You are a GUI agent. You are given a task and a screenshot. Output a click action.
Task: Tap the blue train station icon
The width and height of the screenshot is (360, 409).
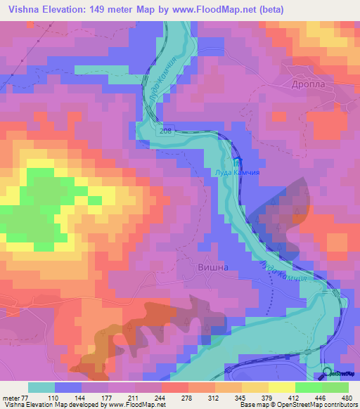click(235, 162)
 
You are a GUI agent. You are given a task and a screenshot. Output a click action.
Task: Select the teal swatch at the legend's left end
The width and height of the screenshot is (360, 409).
click(41, 387)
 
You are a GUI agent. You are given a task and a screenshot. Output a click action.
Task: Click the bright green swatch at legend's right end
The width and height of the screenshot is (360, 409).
click(335, 387)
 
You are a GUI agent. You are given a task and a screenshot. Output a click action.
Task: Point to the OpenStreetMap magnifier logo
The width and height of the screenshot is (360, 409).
click(328, 374)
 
